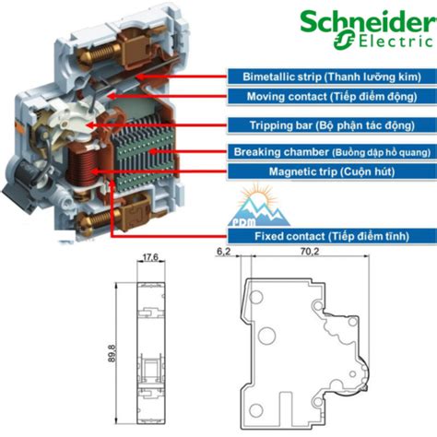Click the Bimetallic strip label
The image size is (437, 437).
332,77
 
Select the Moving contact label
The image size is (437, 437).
332,97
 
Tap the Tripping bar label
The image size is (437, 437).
332,125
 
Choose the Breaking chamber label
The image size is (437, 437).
332,152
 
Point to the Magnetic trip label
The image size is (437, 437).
332,171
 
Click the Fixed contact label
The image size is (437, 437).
332,236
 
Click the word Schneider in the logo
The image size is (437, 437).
369,21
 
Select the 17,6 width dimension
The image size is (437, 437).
150,257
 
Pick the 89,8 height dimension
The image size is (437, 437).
112,353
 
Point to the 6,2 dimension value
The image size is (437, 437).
223,252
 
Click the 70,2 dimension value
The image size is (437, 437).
310,252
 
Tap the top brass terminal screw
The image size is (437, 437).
98,53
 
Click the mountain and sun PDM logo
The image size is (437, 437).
258,206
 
